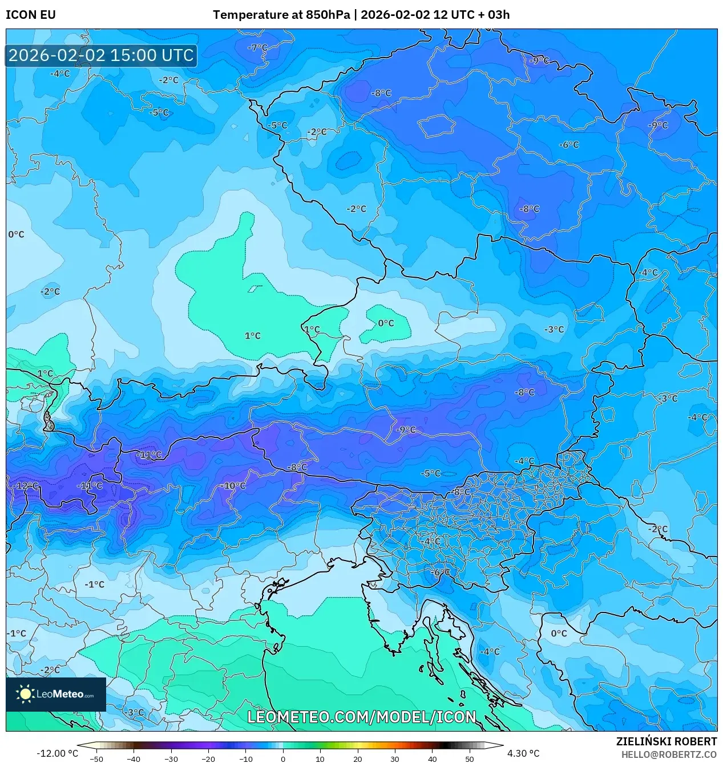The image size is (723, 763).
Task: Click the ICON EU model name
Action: coord(31,15)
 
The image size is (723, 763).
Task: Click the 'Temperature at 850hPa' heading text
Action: coord(281,15)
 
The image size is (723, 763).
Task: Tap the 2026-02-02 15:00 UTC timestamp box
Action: coord(101,55)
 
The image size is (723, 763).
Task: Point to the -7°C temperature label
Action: coord(257,47)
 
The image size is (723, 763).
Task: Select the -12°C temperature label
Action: coord(26,486)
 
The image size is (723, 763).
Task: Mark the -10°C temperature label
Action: coord(234,486)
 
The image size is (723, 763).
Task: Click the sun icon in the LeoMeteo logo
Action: coord(25,694)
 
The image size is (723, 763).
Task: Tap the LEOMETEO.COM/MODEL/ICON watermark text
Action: coord(361,717)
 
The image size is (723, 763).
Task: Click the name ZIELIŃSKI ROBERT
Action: coord(666,741)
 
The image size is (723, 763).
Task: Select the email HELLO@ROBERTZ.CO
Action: coord(669,754)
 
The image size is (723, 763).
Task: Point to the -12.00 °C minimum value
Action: coord(57,753)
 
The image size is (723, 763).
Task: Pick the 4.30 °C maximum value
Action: coord(523,753)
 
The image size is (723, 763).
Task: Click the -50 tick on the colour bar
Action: coord(96,758)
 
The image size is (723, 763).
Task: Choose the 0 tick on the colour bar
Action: coord(283,758)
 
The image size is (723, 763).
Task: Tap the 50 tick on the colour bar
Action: coord(469,758)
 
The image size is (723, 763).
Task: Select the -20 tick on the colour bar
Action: coord(208,758)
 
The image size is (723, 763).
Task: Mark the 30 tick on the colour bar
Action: coord(395,758)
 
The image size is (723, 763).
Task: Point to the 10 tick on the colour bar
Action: coord(320,758)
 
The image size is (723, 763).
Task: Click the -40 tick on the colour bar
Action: coord(134,758)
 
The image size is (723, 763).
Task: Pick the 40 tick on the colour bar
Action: coord(432,758)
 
